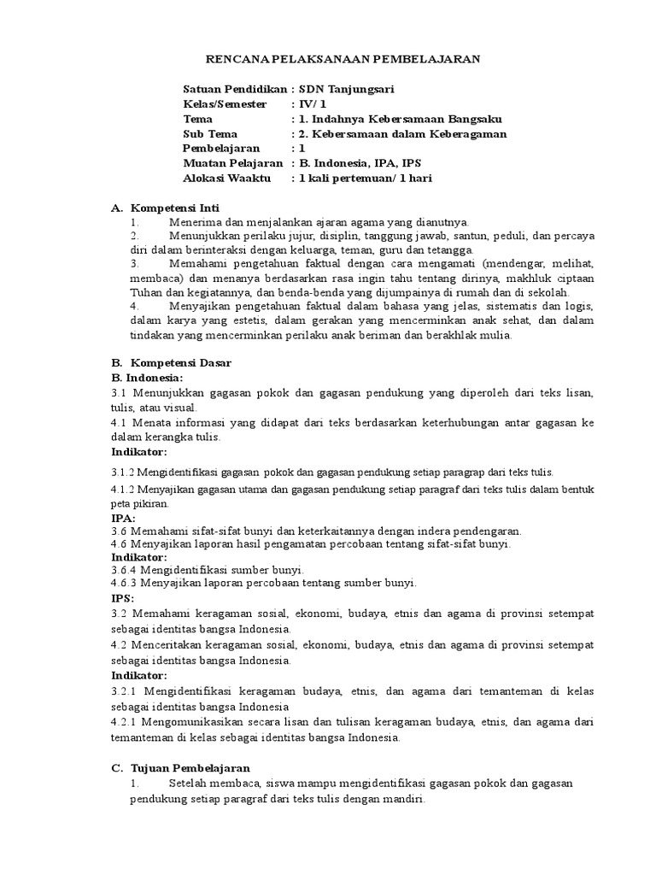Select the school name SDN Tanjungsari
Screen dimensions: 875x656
(x=346, y=89)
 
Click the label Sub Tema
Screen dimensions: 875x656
(x=210, y=133)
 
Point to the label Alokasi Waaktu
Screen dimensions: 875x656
(x=226, y=178)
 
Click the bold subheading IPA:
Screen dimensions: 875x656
(x=124, y=519)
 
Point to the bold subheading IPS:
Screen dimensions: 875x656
(x=123, y=598)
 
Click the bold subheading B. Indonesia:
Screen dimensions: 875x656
(x=147, y=377)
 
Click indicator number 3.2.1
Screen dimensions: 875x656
(x=127, y=690)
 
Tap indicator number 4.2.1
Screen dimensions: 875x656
(x=127, y=722)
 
